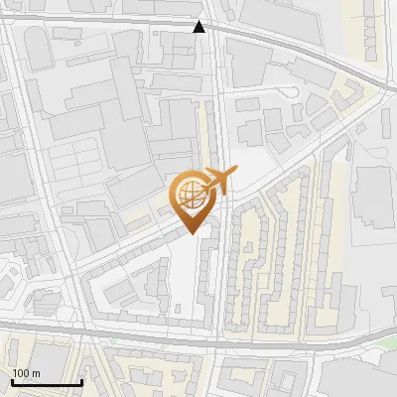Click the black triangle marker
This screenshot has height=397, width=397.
click(200, 27)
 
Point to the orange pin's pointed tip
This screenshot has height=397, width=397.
click(192, 232)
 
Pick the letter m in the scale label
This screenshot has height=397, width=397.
click(37, 373)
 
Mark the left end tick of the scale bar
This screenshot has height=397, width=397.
click(12, 381)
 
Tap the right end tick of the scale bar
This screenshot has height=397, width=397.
click(81, 381)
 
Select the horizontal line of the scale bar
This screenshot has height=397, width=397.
click(47, 383)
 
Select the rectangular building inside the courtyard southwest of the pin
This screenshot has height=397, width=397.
click(119, 289)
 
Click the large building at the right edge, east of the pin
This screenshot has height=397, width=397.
click(375, 198)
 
